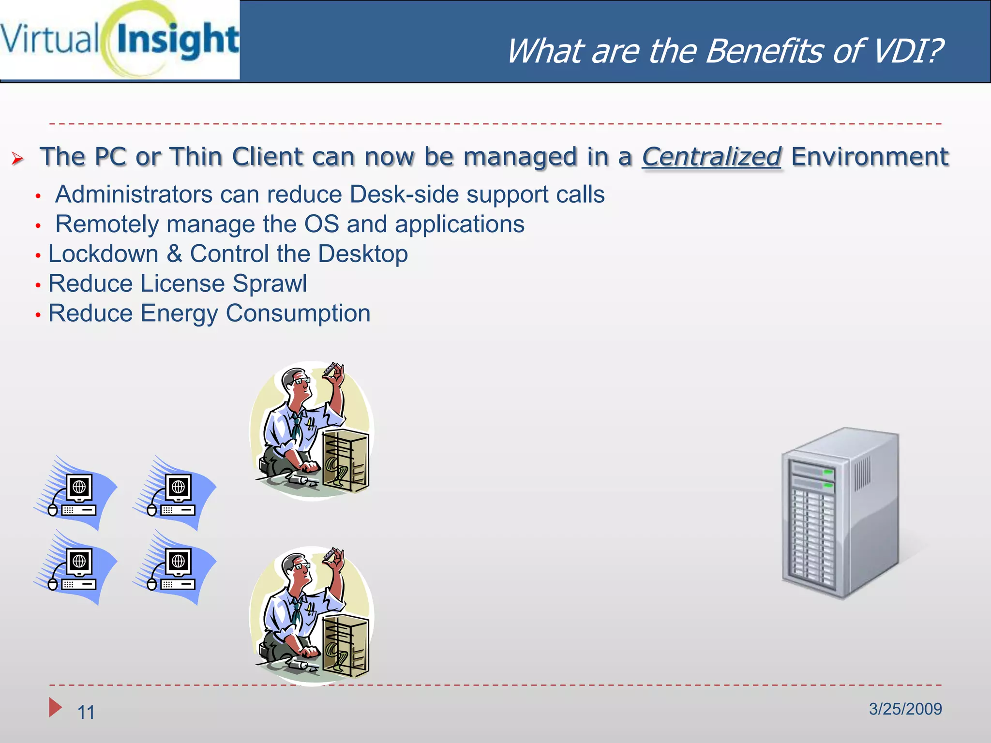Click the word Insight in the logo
(x=178, y=40)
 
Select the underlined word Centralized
(x=711, y=157)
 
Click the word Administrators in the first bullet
(x=134, y=194)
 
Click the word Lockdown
(x=103, y=254)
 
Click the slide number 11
(x=86, y=712)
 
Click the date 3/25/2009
(x=905, y=709)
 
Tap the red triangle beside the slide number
(x=55, y=707)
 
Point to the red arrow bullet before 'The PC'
(x=17, y=159)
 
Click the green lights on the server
(x=828, y=477)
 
